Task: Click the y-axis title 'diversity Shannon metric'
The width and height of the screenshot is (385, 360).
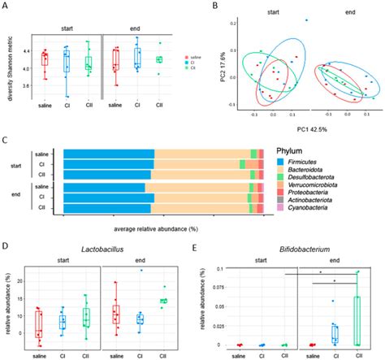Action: [x=11, y=64]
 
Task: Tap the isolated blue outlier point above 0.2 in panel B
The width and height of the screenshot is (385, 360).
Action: [x=306, y=20]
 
